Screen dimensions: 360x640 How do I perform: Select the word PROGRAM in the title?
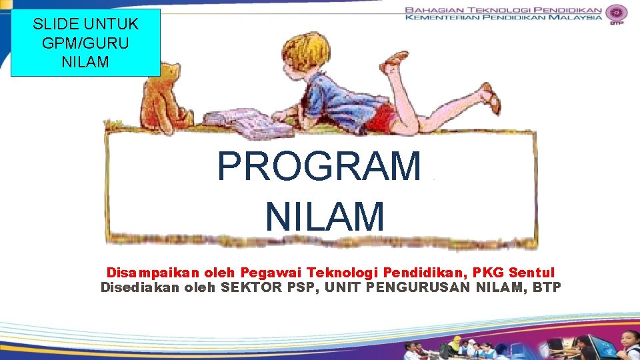tap(319, 167)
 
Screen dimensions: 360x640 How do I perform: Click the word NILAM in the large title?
tap(325, 217)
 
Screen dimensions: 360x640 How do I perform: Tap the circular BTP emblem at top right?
tap(616, 13)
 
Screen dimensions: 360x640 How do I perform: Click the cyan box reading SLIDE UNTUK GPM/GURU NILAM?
tap(85, 43)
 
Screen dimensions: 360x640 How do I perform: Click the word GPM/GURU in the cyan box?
tap(85, 43)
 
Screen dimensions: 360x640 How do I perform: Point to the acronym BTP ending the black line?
tap(547, 287)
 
